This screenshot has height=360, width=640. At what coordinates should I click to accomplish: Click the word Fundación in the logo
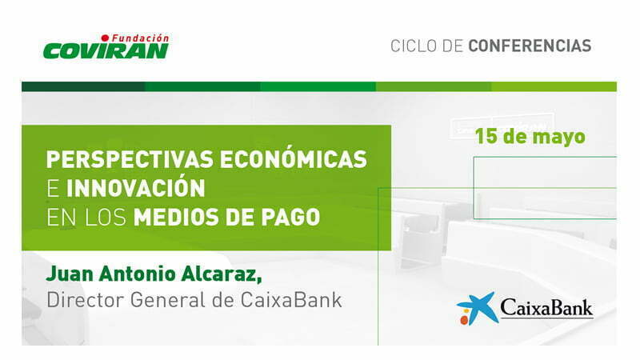coord(140,38)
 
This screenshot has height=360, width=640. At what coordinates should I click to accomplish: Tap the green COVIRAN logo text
coord(106,51)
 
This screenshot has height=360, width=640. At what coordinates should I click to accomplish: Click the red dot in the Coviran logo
coord(106,38)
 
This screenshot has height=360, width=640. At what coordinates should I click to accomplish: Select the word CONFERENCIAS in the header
coord(530,46)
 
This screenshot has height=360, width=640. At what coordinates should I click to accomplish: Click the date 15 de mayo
coord(530,137)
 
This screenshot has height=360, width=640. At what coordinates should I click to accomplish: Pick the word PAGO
coord(290,217)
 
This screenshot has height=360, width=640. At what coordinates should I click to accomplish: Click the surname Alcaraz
coord(221,274)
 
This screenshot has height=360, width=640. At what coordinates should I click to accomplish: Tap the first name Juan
coord(70,274)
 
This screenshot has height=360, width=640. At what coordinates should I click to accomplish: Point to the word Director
coord(85,300)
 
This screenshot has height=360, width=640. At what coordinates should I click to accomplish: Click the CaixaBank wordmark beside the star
coord(546,307)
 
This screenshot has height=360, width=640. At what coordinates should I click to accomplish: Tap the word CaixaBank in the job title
coord(291,300)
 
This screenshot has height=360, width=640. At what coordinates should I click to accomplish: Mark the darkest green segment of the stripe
coord(83,86)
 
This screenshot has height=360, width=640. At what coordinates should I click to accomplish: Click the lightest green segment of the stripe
coord(554,86)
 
